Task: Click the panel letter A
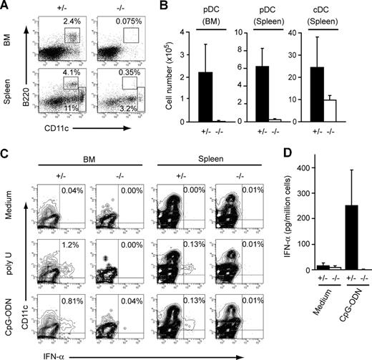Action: click(6, 6)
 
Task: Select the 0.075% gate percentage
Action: click(127, 21)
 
